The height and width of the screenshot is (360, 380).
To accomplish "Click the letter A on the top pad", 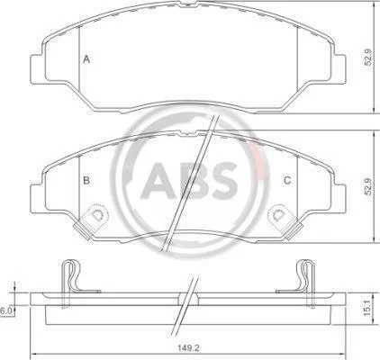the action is point(86,59).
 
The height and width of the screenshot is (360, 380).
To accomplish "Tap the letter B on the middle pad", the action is point(86,180).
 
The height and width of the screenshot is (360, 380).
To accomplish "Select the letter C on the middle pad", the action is point(287,180).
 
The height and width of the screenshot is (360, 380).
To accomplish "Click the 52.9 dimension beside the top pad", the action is point(368,58).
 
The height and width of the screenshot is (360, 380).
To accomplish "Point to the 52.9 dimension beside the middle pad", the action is point(368,186).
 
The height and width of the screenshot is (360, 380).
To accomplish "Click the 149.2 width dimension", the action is point(189,348).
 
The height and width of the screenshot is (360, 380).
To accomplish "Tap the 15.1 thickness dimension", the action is point(367,309).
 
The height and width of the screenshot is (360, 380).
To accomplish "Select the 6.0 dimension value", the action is point(5,311).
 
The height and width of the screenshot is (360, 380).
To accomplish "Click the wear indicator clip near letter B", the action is point(91,221).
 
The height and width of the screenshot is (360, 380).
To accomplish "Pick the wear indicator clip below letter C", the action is point(285,221).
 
